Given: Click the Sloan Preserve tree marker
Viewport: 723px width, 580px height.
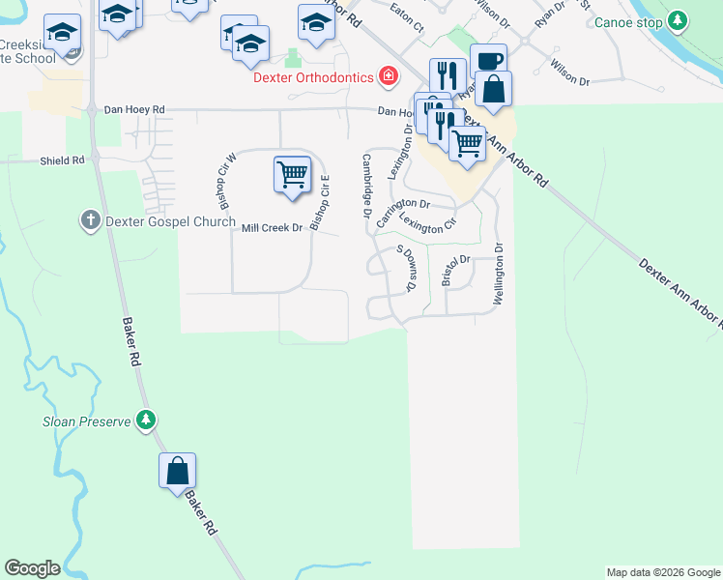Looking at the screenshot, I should tap(146, 420).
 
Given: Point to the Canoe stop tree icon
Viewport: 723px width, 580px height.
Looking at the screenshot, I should tap(678, 19).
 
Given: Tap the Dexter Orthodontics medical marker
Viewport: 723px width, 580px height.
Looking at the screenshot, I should tap(388, 74).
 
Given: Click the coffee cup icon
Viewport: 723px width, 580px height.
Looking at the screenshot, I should tap(488, 61).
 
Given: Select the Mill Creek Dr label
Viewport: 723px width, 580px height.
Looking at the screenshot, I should tap(273, 228).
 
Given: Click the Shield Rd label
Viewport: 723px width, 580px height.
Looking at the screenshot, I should tap(62, 160).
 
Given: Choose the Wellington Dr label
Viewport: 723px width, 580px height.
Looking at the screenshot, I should tap(500, 275).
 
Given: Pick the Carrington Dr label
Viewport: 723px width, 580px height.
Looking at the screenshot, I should tap(402, 210).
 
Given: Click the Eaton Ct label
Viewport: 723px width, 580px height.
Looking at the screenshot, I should tap(407, 18).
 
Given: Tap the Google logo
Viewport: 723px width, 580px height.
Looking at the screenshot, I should tap(32, 568).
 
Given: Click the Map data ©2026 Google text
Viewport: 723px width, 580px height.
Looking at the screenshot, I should tap(663, 572).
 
